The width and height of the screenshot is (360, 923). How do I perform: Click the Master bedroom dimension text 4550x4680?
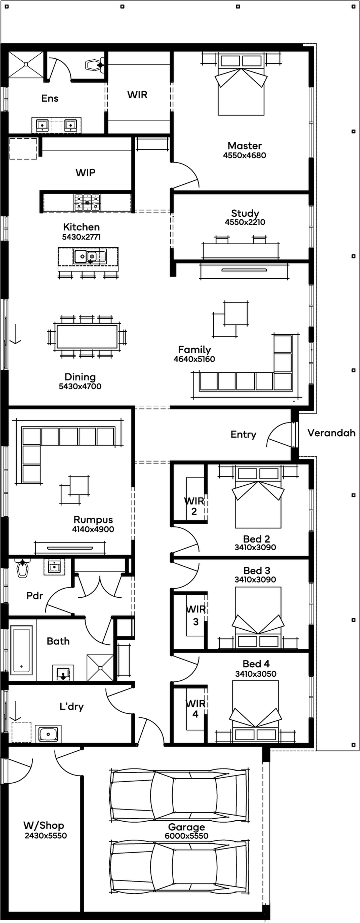point(244,155)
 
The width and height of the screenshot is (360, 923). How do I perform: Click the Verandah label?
point(331,433)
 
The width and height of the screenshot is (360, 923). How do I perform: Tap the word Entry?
point(243,435)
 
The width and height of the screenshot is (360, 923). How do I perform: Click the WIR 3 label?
point(196,615)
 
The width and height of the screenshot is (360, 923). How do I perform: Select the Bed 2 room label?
point(256,539)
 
